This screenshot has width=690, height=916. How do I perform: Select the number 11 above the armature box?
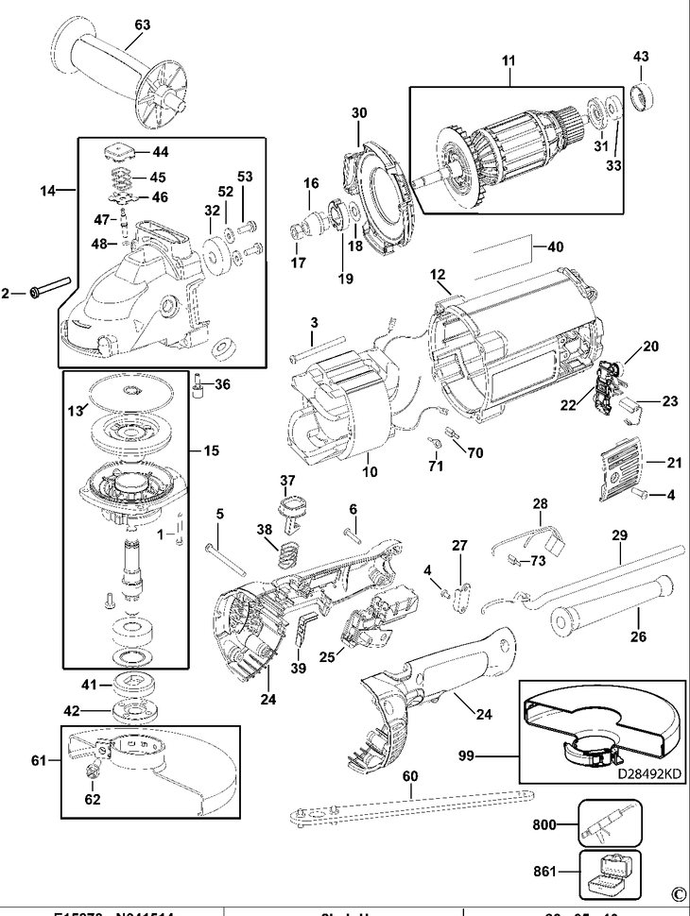coord(509,62)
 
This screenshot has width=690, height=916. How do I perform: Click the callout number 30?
coord(359,112)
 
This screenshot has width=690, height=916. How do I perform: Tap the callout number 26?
coord(639,636)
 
